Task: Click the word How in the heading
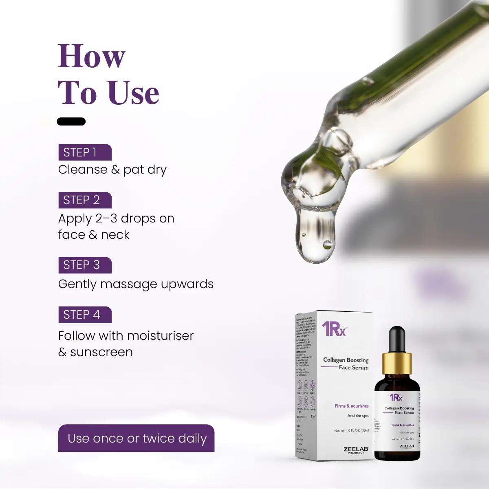tap(91, 56)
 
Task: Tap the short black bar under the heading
tap(71, 121)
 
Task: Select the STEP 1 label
tap(84, 152)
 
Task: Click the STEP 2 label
tap(84, 200)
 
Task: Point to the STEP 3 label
tap(84, 265)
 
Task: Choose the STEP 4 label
tap(84, 315)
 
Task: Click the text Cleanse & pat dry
tap(112, 170)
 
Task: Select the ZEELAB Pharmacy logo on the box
tap(355, 450)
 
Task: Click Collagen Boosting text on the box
tap(346, 360)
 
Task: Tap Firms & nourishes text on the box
tap(351, 406)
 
